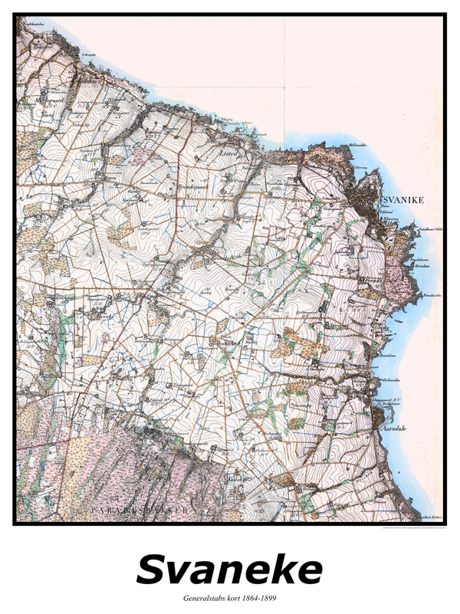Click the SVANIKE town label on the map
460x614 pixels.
tap(403, 200)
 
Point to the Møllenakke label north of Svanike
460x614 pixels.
tap(358, 144)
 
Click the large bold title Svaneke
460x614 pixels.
tap(229, 570)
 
